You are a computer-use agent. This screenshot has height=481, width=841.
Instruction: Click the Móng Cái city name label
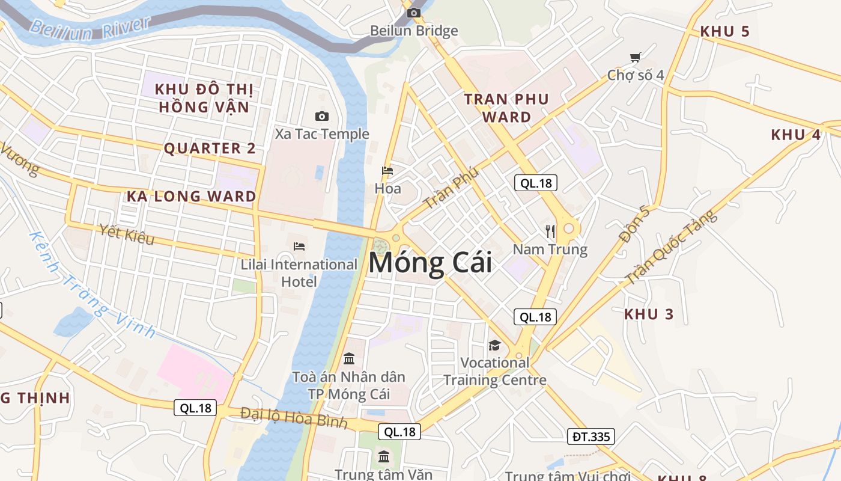click(x=430, y=263)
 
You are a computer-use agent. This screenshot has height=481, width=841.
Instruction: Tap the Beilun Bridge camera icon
click(x=413, y=13)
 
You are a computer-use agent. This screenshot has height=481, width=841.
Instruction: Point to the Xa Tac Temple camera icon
click(x=322, y=116)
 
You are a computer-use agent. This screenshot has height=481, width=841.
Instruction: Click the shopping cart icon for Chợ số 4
click(x=636, y=57)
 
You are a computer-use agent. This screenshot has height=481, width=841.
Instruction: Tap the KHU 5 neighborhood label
click(x=725, y=32)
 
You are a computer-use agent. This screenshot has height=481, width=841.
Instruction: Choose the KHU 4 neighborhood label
click(x=795, y=135)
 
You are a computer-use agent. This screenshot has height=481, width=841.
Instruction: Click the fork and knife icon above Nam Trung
click(x=550, y=231)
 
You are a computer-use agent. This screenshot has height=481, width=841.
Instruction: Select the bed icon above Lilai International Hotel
click(x=299, y=246)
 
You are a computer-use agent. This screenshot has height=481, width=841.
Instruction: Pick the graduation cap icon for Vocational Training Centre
click(x=494, y=345)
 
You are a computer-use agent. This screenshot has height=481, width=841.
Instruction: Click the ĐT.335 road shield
click(x=591, y=437)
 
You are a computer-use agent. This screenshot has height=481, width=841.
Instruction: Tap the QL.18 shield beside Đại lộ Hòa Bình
click(x=196, y=408)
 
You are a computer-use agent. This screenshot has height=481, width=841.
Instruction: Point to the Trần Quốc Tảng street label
click(x=671, y=247)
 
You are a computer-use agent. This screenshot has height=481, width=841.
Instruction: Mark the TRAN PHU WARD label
click(x=506, y=108)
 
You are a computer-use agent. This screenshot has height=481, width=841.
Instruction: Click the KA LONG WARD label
click(x=191, y=196)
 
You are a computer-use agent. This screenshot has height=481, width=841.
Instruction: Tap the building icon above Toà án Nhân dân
click(x=348, y=359)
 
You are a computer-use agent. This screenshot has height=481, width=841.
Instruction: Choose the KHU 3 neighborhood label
click(x=649, y=314)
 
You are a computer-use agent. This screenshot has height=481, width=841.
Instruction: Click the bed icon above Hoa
click(x=387, y=171)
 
